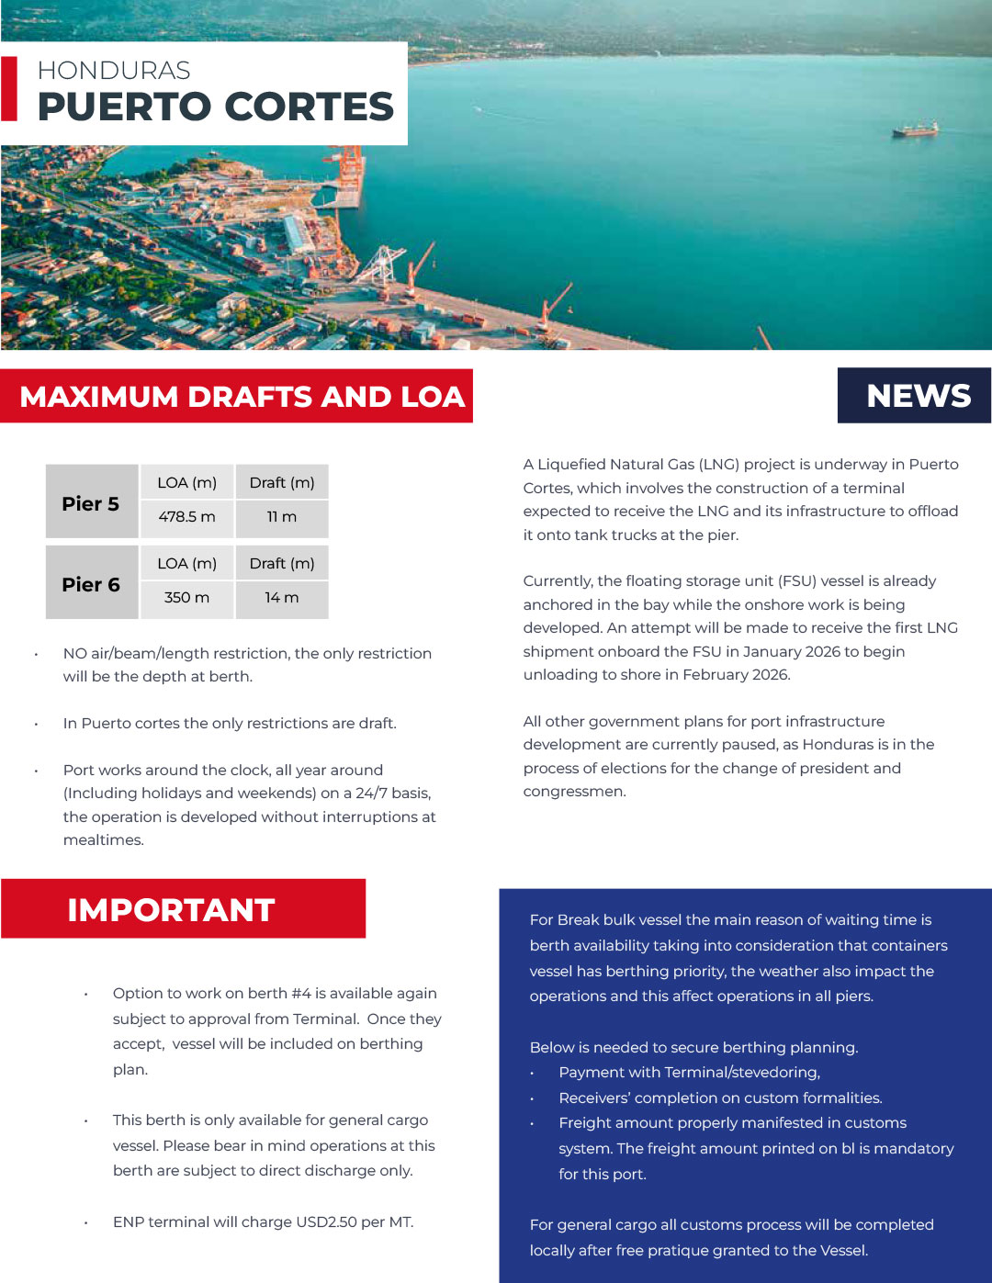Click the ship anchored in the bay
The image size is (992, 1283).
(916, 129)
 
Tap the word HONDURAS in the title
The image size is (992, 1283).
(114, 71)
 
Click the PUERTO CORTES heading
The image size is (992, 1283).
(216, 107)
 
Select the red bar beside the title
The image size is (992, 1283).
(9, 89)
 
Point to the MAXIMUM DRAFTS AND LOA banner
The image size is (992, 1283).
(242, 397)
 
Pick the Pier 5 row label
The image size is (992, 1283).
(91, 503)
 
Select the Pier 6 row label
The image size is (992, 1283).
(91, 584)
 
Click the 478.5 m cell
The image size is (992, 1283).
(186, 517)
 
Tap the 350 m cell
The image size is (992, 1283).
(186, 598)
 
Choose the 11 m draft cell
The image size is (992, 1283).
(281, 517)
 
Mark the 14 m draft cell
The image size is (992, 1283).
(281, 598)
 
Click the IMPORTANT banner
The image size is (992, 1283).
(172, 909)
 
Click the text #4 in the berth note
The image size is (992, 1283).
(301, 994)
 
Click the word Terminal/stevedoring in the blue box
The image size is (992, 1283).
(741, 1073)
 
